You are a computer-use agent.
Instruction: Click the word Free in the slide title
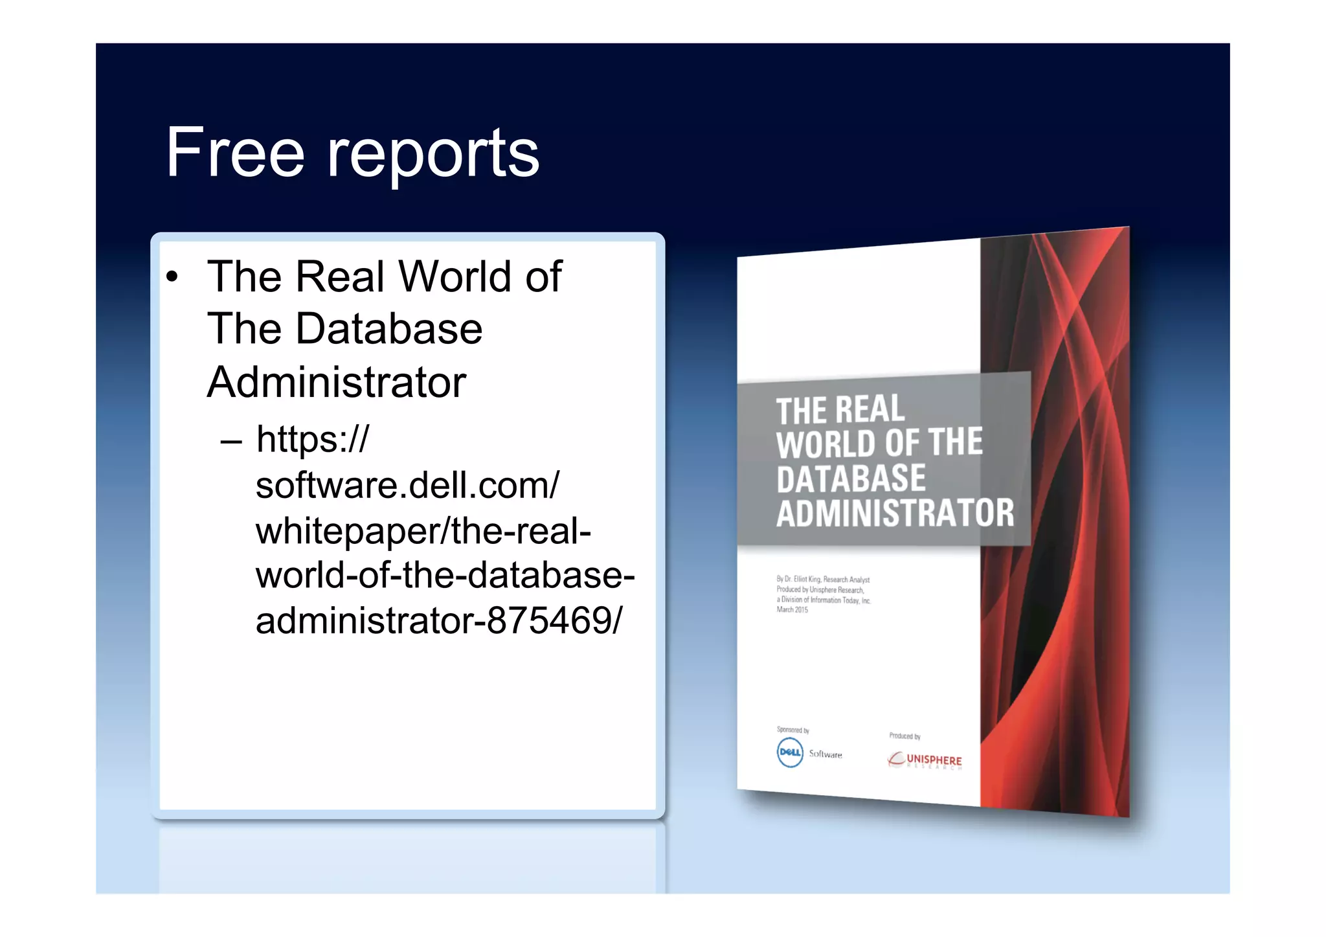pyautogui.click(x=234, y=153)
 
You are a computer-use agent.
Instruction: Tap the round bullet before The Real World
pyautogui.click(x=172, y=277)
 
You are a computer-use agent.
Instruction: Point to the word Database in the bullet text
pyautogui.click(x=388, y=329)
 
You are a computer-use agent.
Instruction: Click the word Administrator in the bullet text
pyautogui.click(x=337, y=382)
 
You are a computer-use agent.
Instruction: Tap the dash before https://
pyautogui.click(x=231, y=442)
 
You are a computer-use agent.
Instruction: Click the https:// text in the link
pyautogui.click(x=312, y=440)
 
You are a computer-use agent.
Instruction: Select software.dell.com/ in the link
pyautogui.click(x=407, y=486)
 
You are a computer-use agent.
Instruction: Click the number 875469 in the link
pyautogui.click(x=548, y=621)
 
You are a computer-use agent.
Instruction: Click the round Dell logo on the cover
pyautogui.click(x=789, y=752)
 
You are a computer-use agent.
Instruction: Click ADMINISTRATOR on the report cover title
pyautogui.click(x=895, y=513)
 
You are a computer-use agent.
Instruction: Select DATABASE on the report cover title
pyautogui.click(x=851, y=479)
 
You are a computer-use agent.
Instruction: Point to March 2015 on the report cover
pyautogui.click(x=792, y=610)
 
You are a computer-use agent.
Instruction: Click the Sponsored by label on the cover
pyautogui.click(x=792, y=730)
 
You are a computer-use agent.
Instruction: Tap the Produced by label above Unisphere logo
pyautogui.click(x=905, y=736)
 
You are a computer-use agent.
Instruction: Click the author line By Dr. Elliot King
pyautogui.click(x=822, y=580)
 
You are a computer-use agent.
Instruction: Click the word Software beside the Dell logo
pyautogui.click(x=826, y=754)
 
